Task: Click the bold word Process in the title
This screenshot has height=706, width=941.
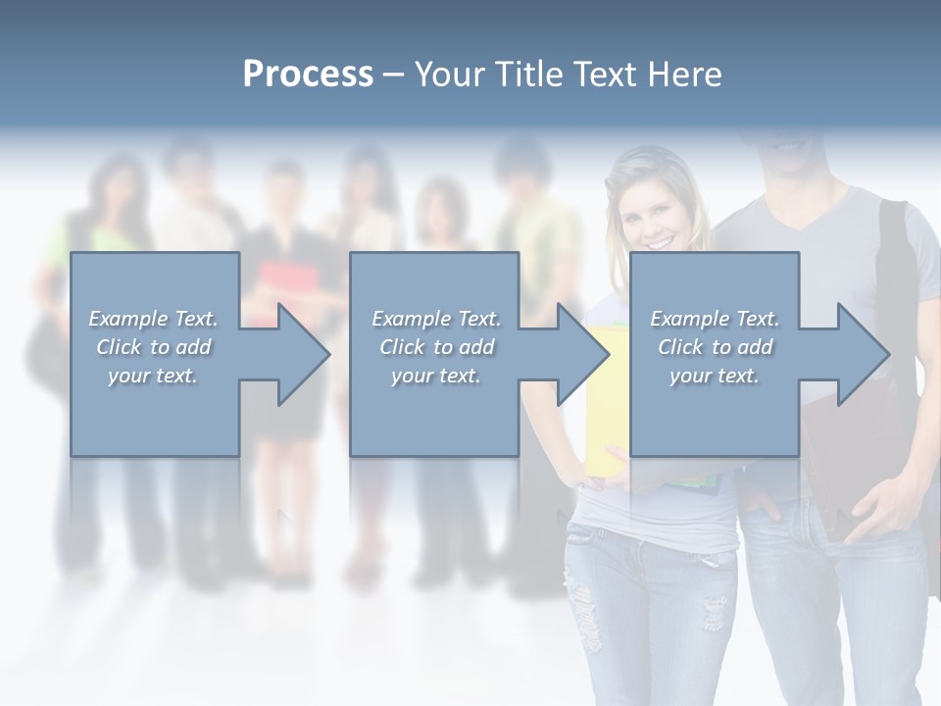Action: (x=308, y=75)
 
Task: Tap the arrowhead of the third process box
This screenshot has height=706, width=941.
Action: (x=863, y=354)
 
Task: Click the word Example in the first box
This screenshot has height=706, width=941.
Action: (x=127, y=319)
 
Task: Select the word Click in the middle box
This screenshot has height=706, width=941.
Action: (x=401, y=346)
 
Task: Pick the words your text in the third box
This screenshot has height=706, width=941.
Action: (x=715, y=375)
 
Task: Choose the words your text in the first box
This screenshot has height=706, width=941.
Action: (x=152, y=375)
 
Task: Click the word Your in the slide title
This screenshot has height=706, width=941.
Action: (x=450, y=75)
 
